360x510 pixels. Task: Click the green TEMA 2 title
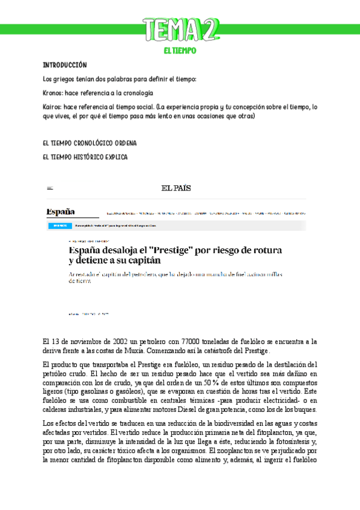(181, 30)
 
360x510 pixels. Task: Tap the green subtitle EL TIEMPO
(180, 51)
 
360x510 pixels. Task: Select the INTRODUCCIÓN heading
(65, 65)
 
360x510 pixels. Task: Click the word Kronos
(53, 93)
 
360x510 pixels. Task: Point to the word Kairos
(52, 106)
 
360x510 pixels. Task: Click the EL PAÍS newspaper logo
(176, 188)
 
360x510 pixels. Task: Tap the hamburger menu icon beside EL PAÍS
(50, 188)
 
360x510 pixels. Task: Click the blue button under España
(59, 226)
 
